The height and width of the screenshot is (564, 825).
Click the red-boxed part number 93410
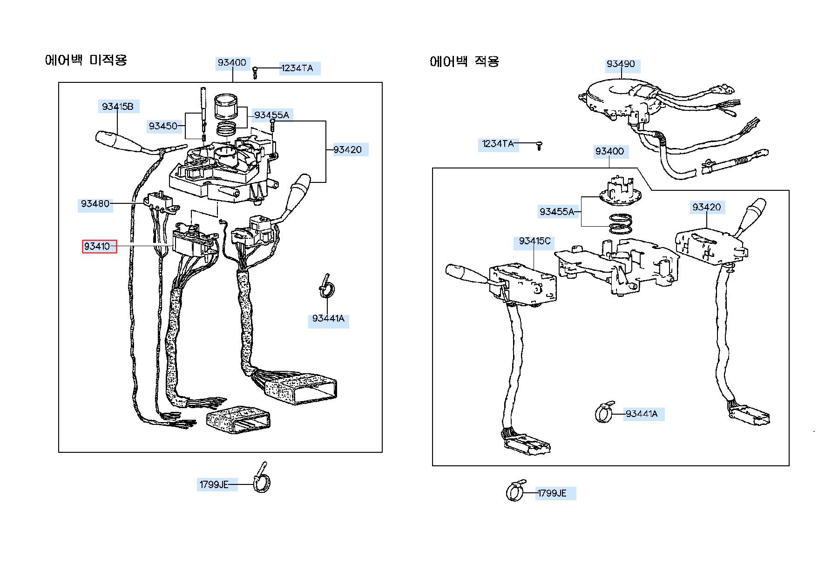[x=99, y=246]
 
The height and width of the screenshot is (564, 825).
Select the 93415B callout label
[x=118, y=107]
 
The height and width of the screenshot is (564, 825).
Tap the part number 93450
[x=163, y=126]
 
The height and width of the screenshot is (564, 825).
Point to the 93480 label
[x=95, y=203]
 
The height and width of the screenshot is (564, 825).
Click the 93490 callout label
[x=621, y=64]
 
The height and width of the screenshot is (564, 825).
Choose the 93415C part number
[x=534, y=241]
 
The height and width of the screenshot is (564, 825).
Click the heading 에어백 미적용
[x=86, y=60]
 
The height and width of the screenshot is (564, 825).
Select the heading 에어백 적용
[x=464, y=61]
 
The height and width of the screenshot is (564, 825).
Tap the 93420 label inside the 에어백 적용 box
[x=706, y=207]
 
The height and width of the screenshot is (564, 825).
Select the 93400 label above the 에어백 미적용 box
[x=232, y=62]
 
